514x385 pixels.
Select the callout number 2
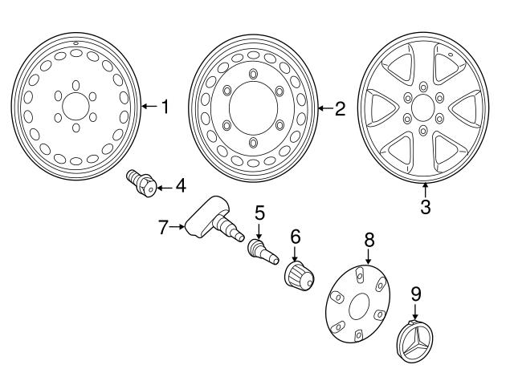coord(340,108)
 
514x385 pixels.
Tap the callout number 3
coord(426,207)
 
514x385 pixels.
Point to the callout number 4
coord(180,186)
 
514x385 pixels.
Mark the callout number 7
coord(163,228)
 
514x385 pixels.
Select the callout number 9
coord(415,294)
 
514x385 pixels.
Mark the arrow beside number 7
coord(178,228)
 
